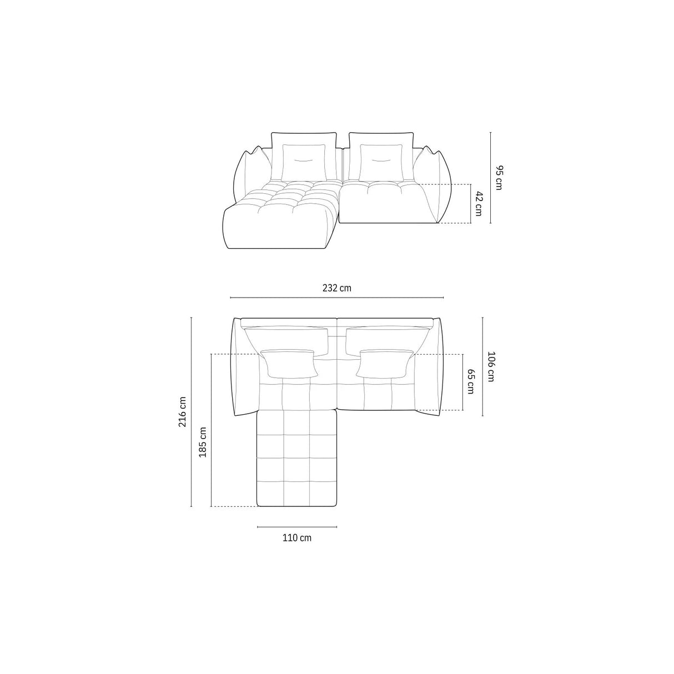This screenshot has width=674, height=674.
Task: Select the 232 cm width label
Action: coord(337,288)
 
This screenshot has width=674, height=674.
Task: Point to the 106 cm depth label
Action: coord(490,366)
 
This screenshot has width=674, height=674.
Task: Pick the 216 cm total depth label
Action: coord(182,411)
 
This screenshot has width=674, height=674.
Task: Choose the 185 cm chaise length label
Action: coord(203,442)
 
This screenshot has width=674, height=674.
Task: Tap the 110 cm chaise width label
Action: coord(297,537)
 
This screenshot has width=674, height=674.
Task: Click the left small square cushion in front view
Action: coord(304,162)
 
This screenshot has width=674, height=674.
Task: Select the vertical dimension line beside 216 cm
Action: coord(191,411)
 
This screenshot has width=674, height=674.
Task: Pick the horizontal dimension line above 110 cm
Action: coord(297,526)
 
